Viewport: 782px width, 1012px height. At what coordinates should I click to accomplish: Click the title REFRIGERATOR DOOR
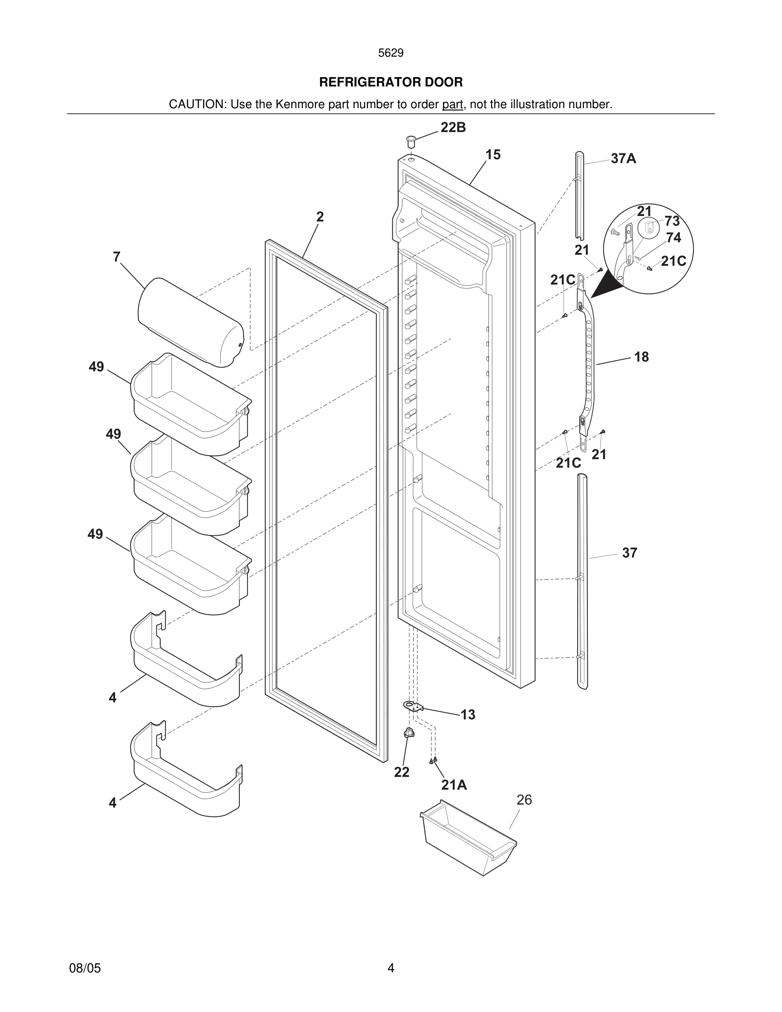391,83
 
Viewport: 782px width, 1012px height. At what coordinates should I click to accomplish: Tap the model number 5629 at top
391,53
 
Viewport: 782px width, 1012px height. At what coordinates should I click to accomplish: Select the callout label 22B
453,127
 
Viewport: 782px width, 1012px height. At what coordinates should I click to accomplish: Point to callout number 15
493,155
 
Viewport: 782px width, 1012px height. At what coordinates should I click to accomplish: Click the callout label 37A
623,158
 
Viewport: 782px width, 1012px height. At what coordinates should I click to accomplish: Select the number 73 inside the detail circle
672,221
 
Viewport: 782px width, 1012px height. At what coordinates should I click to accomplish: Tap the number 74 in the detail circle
673,238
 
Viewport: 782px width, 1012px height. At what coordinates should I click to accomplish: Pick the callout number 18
641,357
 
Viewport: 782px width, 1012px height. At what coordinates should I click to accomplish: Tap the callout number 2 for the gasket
319,216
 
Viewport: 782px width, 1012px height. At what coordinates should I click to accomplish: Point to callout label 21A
454,785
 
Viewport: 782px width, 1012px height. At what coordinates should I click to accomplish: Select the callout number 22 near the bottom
401,772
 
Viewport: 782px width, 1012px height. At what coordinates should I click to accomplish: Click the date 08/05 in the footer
85,968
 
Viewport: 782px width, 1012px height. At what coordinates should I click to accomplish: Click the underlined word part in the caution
452,105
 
